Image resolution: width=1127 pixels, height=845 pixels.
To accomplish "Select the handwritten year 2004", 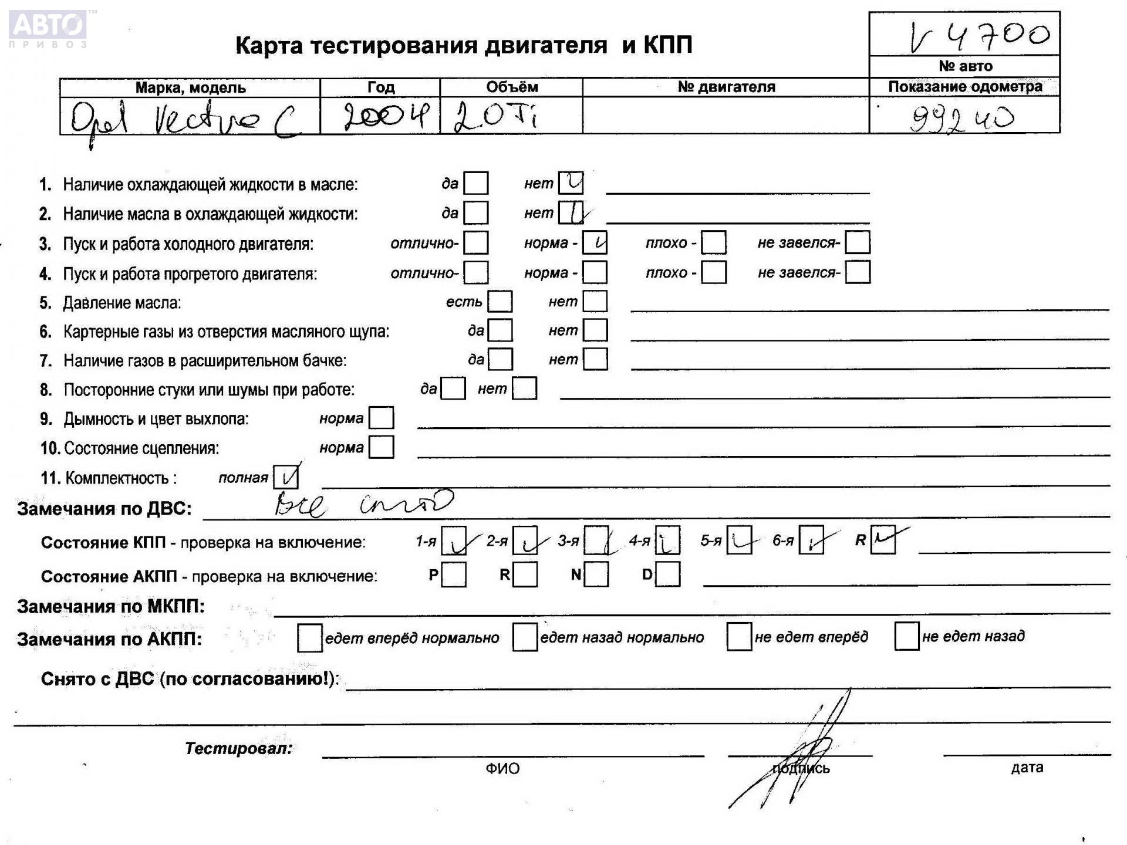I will click(x=386, y=116).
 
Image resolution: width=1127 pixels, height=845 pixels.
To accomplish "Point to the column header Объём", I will click(x=511, y=87).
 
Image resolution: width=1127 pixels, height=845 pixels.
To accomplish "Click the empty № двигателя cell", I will click(x=726, y=116).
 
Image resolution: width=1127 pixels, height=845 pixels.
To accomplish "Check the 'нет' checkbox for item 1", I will click(x=571, y=183).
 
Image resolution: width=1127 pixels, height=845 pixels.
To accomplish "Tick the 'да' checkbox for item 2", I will click(x=475, y=212).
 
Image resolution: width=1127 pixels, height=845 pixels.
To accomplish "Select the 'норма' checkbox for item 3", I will click(x=595, y=242).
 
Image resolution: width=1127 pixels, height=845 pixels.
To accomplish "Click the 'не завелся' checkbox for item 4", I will click(x=858, y=272).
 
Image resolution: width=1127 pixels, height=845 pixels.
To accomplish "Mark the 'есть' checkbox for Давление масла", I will click(x=500, y=302).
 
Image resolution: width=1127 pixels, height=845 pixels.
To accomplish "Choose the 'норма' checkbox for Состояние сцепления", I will click(x=382, y=447).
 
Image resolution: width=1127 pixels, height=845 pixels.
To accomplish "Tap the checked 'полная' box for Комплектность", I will click(x=286, y=477).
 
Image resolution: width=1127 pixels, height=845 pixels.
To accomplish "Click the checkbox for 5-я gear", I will click(x=739, y=540).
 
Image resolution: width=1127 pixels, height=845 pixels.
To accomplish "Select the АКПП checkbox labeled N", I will click(x=596, y=574).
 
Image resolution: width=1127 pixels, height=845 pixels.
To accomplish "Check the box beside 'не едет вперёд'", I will click(x=739, y=637).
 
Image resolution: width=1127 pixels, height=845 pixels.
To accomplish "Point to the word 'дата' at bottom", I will click(x=1027, y=768).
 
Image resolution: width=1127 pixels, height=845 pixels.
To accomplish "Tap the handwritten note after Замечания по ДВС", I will click(x=364, y=504).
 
